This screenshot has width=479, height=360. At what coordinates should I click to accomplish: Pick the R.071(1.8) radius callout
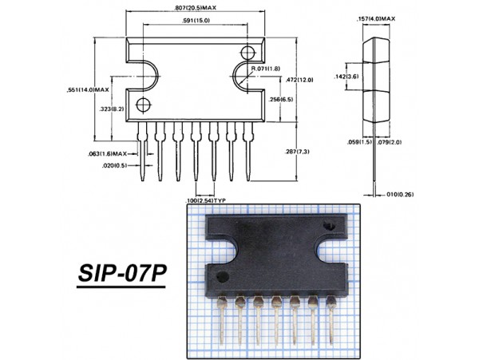[x=267, y=69]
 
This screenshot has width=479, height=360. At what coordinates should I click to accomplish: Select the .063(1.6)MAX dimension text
[x=108, y=152]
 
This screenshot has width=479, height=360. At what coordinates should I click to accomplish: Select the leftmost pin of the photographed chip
[x=221, y=319]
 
